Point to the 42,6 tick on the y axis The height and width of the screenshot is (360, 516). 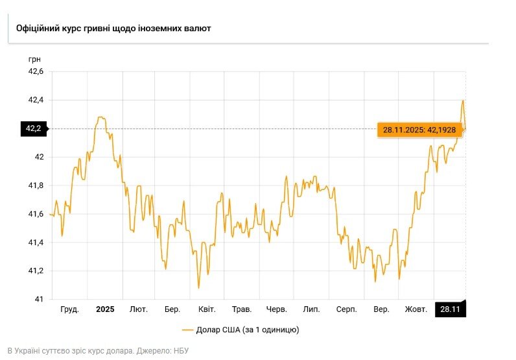(36, 72)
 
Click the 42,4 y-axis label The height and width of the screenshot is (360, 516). (36, 100)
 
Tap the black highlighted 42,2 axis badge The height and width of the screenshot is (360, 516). (33, 128)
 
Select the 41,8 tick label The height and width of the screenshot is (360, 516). (36, 186)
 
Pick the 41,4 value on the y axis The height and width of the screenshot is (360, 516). (36, 242)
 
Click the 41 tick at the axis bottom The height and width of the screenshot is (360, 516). (39, 299)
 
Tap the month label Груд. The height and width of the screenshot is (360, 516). (69, 309)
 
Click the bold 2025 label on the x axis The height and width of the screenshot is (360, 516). (105, 309)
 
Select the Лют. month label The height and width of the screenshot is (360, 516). (139, 309)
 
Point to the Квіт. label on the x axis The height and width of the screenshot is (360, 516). (207, 309)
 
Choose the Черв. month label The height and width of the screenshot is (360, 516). (277, 309)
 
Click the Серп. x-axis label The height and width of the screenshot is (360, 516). (346, 309)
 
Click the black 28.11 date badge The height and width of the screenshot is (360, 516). (450, 309)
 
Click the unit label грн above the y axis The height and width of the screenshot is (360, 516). (34, 60)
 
